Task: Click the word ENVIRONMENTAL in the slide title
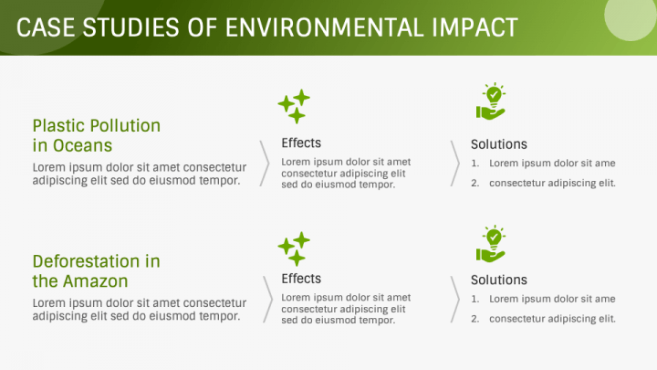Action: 325,27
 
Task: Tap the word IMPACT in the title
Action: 475,27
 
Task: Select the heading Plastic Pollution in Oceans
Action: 97,135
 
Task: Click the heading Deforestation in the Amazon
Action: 97,271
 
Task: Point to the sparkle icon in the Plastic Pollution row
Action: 294,106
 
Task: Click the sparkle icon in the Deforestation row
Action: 294,248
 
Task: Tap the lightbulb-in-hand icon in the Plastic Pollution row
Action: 491,101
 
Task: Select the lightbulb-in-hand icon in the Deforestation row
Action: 491,244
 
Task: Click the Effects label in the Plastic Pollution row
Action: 301,143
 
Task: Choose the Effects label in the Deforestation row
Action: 301,279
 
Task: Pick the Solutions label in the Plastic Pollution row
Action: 498,144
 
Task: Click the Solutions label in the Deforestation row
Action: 498,280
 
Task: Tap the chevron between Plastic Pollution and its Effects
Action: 266,164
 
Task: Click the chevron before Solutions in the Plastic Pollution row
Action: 456,164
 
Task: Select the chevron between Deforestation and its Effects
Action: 268,299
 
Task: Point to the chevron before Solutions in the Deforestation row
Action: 456,299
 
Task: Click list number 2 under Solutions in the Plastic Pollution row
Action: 474,184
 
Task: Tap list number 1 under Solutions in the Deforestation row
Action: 474,299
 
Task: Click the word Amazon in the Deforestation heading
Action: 96,281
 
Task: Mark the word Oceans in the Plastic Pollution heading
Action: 82,145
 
